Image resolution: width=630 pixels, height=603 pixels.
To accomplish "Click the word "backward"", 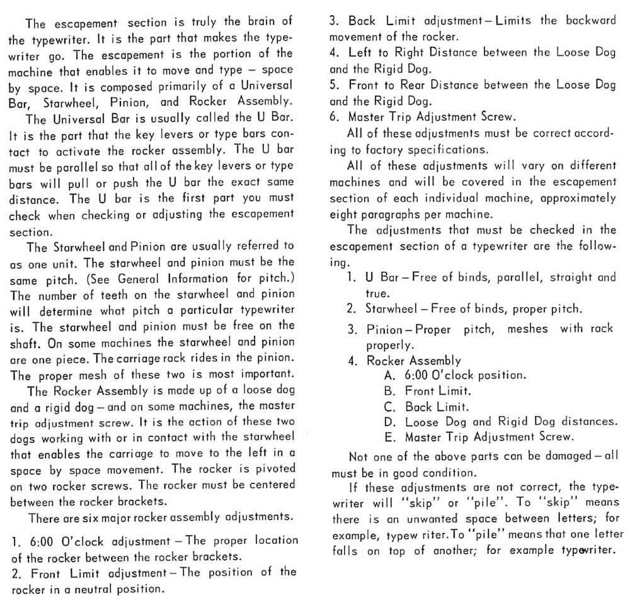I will tap(587, 20).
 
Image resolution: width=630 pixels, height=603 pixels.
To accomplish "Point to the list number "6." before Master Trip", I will tap(335, 116).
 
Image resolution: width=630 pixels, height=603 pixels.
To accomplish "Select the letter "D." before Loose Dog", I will tap(389, 421).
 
